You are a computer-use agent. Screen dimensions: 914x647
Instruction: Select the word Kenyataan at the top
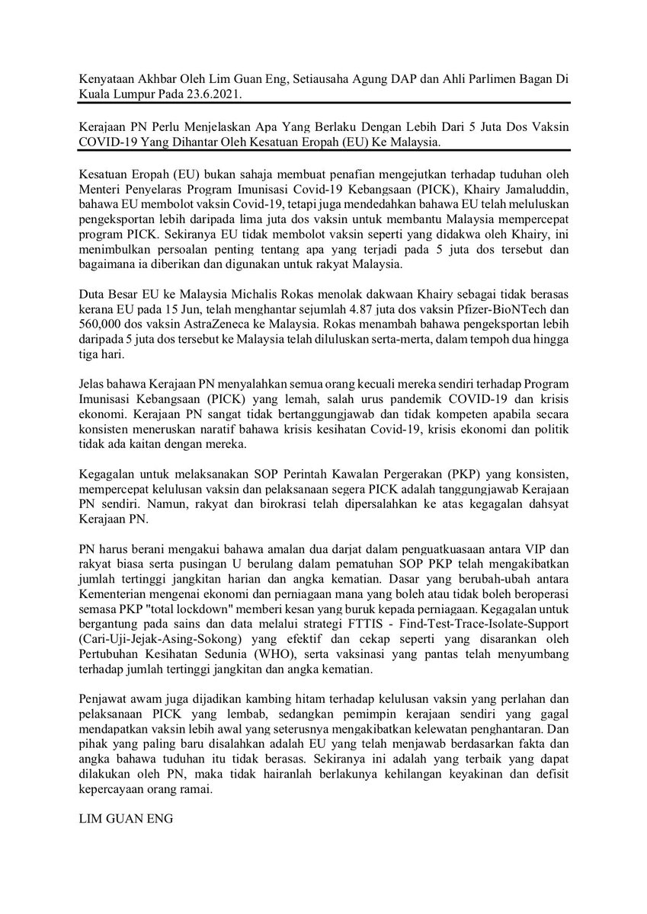(x=108, y=79)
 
